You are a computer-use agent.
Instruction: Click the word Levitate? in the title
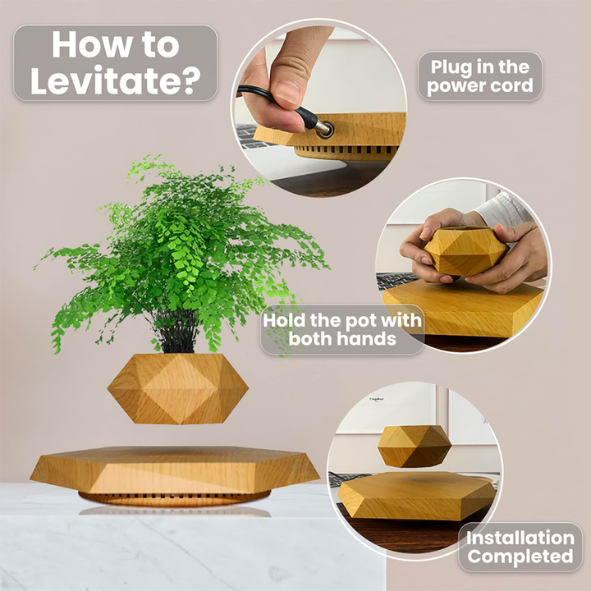click(115, 81)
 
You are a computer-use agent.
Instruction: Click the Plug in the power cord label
click(480, 76)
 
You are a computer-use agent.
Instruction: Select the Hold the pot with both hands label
click(342, 329)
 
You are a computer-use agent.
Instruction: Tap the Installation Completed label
click(520, 547)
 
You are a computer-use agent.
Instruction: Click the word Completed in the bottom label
click(520, 557)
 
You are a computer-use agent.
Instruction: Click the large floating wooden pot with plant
click(177, 388)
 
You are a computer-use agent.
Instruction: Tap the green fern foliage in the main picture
click(189, 246)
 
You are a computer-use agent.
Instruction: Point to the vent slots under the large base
click(174, 497)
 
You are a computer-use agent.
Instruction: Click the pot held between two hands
click(456, 251)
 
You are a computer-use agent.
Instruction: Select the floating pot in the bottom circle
click(415, 446)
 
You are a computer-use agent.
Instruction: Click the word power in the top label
click(453, 86)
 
